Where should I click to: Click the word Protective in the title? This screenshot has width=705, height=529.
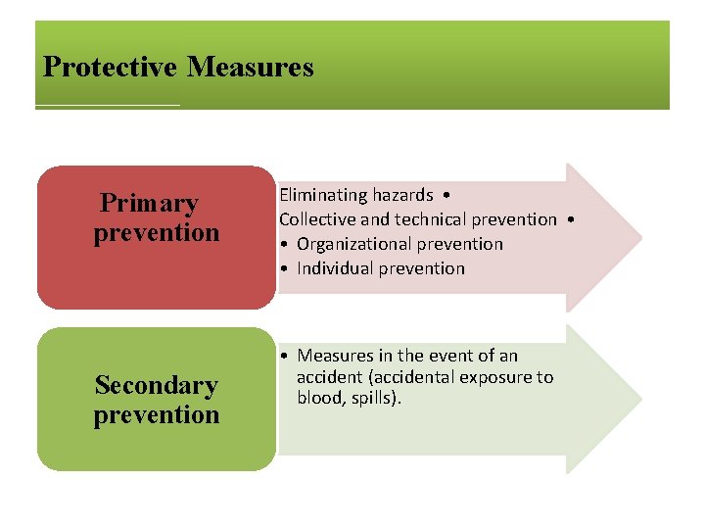pos(110,68)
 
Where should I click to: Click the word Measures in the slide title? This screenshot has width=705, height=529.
pos(250,68)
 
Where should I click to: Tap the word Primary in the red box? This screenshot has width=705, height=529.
pos(149,204)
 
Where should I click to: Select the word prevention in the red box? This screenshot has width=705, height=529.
pos(157,233)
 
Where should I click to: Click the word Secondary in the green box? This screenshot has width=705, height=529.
pos(156,386)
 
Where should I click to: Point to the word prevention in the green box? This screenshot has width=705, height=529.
pos(157,415)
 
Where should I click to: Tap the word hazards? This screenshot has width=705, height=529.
pos(401,196)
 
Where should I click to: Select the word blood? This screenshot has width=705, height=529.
pos(320,398)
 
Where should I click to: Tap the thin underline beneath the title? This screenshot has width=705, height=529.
pos(108,105)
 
